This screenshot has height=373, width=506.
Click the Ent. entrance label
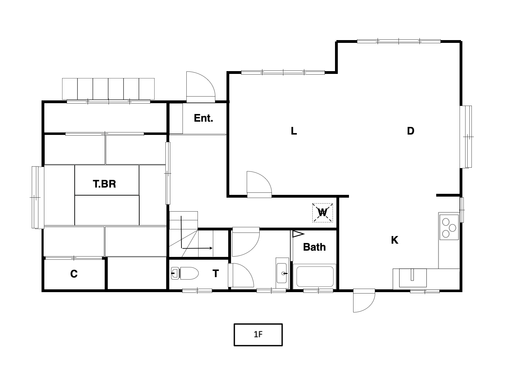point(203,118)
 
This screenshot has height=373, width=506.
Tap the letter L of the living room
point(294,131)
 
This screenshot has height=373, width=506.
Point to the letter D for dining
point(410,131)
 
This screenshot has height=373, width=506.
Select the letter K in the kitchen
point(395,240)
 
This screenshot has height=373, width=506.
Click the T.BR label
point(104,184)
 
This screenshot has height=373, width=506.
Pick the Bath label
point(314,247)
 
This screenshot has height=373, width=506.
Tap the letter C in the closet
point(74,274)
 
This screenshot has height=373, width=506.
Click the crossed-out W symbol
point(322,213)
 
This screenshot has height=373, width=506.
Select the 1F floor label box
point(258,335)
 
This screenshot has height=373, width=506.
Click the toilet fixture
point(185,273)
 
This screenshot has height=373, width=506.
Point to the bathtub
point(315,276)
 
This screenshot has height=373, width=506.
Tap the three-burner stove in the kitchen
point(449,227)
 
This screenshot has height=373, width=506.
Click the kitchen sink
point(413,278)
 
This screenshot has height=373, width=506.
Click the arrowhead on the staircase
point(211,248)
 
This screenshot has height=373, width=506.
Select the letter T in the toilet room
point(216,273)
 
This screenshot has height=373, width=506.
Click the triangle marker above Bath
point(298,234)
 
